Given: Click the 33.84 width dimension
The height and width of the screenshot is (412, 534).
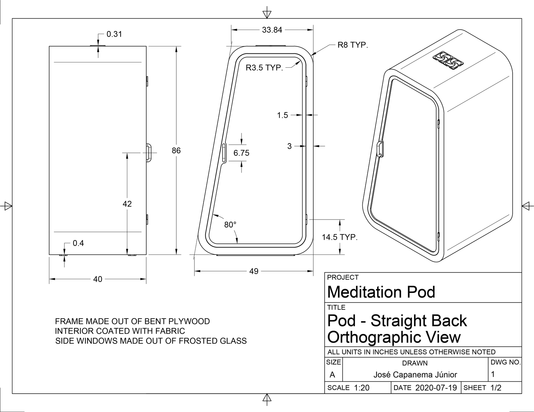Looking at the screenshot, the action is tap(272, 30).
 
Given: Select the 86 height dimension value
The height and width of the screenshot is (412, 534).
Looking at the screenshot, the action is tap(176, 150).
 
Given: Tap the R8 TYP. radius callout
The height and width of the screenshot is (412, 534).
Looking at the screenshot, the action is tap(353, 45).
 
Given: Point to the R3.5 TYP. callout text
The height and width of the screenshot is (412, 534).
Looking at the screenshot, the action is tap(264, 68).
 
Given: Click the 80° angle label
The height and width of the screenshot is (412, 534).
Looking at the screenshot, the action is tap(230, 225).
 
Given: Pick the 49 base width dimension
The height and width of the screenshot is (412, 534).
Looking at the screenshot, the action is tap(254, 271).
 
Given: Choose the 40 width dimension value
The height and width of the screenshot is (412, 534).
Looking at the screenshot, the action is tap(98, 279).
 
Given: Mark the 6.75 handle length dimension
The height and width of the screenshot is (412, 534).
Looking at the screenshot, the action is tap(241, 153).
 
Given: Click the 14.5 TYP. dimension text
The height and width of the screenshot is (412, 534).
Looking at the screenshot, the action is tap(340, 237).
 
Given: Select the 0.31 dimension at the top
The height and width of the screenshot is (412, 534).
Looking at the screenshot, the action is tap(114, 34).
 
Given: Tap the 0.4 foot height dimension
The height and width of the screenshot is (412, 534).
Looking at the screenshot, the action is tap(78, 243).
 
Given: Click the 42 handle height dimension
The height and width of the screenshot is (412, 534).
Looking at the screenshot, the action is tap(127, 204).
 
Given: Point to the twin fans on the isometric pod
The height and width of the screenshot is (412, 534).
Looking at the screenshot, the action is tap(448, 60).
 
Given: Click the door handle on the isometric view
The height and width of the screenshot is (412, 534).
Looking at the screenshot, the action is tap(380, 149).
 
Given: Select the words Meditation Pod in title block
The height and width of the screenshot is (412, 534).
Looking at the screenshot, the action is tap(381, 292).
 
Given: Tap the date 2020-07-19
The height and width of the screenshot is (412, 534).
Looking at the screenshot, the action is tap(436, 388).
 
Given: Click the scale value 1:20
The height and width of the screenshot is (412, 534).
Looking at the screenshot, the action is tap(361, 388).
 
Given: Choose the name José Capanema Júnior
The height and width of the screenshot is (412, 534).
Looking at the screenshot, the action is tap(415, 375).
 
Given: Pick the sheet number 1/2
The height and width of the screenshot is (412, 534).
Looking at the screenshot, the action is tap(496, 388).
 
